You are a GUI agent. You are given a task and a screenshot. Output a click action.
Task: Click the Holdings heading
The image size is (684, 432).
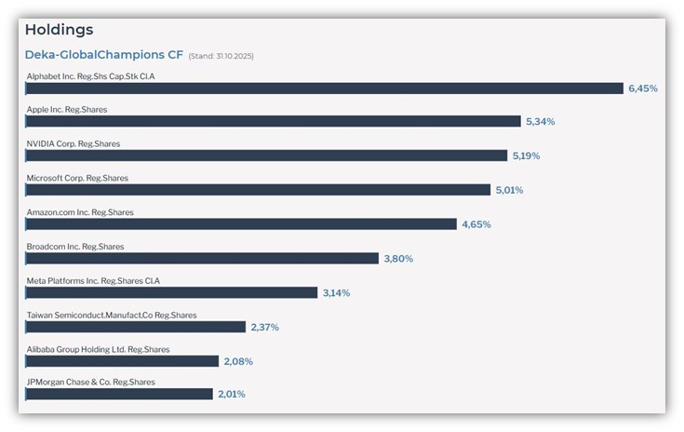click(x=59, y=30)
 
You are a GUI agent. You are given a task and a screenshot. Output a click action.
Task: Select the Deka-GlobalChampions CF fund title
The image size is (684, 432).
click(x=103, y=55)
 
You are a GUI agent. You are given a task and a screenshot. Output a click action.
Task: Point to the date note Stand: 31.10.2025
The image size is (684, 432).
click(x=221, y=56)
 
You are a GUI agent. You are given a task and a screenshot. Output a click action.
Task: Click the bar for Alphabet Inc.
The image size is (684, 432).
click(x=324, y=88)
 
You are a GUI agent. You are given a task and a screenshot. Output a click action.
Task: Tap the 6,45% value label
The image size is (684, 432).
click(x=643, y=88)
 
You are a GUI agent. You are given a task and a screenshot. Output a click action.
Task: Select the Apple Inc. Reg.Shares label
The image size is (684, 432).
click(x=67, y=110)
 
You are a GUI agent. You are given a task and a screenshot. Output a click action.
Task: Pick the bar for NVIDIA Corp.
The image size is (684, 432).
click(x=266, y=155)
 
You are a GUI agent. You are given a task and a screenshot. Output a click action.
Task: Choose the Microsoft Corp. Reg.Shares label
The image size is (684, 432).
click(x=77, y=178)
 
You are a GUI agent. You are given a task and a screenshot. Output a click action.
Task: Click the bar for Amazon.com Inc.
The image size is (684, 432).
click(x=241, y=224)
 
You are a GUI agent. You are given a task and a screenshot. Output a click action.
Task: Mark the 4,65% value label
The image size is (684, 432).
click(x=476, y=224)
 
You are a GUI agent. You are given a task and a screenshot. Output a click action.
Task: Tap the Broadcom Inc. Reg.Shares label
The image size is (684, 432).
click(x=75, y=247)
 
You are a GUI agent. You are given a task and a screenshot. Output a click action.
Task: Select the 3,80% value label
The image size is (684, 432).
click(x=398, y=259)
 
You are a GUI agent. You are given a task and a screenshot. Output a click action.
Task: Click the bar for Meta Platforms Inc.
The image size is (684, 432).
click(x=171, y=292)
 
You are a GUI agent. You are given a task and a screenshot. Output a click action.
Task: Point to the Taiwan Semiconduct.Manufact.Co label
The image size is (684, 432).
click(x=112, y=315)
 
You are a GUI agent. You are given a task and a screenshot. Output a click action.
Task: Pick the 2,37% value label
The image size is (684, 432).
click(x=265, y=327)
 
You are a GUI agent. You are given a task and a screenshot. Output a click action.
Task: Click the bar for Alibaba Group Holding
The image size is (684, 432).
click(x=122, y=361)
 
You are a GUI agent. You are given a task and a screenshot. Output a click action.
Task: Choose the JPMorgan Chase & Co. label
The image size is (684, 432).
click(x=91, y=383)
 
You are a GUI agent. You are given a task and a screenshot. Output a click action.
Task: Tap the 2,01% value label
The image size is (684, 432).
click(x=232, y=395)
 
